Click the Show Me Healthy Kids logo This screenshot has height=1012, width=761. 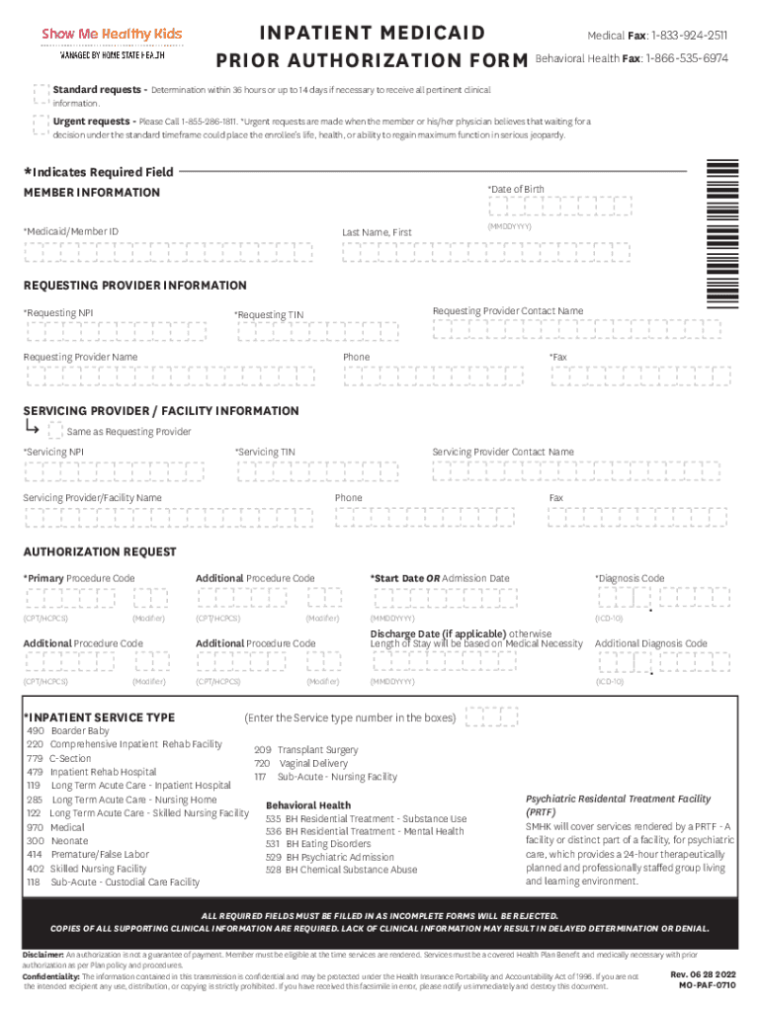click(112, 43)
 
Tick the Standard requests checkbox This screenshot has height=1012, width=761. click(40, 93)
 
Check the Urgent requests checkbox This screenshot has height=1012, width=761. click(40, 125)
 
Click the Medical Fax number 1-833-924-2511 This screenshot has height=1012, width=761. click(689, 36)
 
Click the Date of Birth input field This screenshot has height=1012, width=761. click(559, 206)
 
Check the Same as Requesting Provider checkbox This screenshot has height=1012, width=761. click(55, 431)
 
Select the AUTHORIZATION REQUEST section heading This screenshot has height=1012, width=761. click(100, 551)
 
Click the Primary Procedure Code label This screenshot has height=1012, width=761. click(80, 578)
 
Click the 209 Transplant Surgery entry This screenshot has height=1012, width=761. click(305, 750)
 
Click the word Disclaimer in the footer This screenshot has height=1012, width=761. click(42, 955)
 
